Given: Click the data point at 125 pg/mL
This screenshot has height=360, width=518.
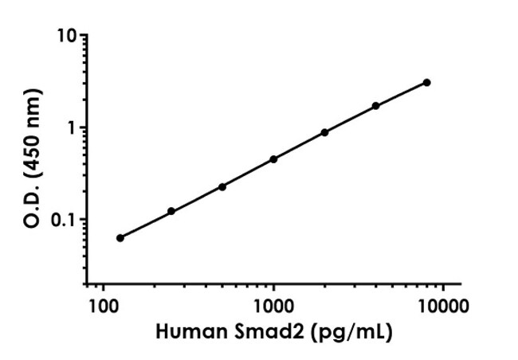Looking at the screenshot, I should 120,237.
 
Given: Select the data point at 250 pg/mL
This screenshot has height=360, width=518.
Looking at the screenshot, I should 171,211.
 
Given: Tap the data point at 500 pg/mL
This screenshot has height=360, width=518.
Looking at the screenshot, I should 222,186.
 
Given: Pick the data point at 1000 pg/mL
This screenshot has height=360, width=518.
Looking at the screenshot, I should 273,158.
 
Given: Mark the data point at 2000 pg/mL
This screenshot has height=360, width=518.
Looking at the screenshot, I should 324,132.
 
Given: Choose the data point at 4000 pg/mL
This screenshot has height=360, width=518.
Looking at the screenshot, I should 375,105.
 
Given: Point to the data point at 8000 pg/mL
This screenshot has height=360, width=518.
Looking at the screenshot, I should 427,82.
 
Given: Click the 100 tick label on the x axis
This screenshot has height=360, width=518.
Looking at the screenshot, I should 103,306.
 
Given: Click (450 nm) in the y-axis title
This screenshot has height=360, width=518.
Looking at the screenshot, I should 34,124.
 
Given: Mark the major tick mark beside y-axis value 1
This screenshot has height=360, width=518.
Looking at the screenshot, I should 82,128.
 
